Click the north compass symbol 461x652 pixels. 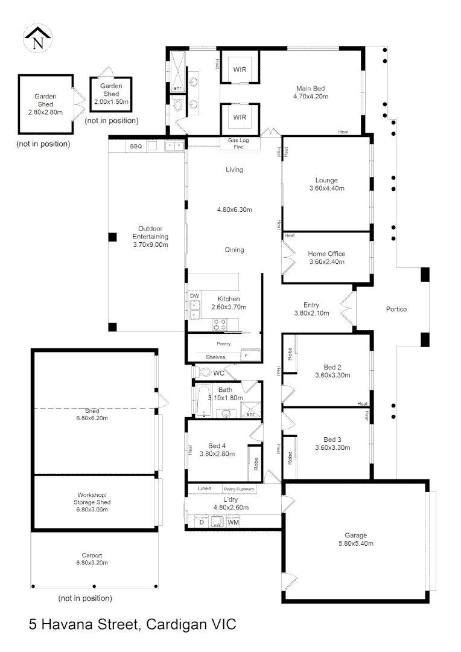coord(37,40)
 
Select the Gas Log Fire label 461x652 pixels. coord(234,144)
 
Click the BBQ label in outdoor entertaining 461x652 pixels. coord(135,146)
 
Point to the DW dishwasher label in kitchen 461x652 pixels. coord(194,296)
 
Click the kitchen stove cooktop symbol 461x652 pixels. coord(219,324)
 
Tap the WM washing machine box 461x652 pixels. coord(233,523)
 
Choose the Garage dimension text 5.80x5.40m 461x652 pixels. coord(356,544)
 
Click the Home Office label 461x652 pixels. coord(326,254)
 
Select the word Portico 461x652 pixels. coord(396,309)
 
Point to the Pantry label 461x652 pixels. coord(224,344)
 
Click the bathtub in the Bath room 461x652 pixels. coord(202,401)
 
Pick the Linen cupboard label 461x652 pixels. coord(204,488)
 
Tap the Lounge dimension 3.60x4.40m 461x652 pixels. coord(326,188)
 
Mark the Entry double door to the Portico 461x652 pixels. coord(348,309)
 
